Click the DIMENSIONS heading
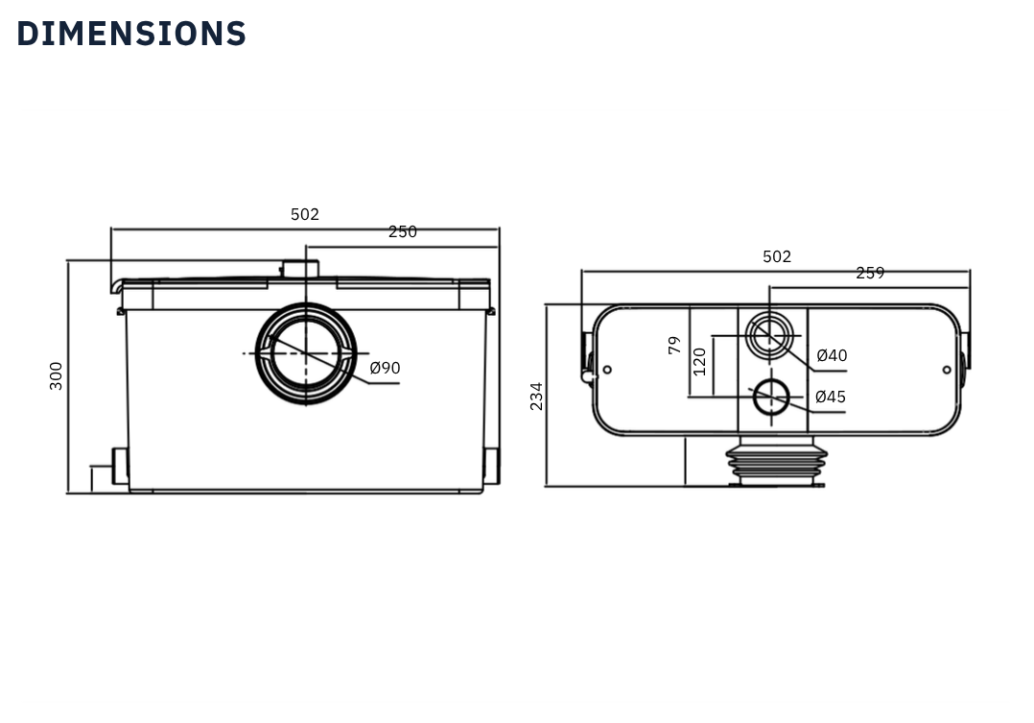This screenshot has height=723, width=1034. click(131, 34)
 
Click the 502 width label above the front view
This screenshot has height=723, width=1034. click(305, 215)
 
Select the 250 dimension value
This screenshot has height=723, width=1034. click(403, 232)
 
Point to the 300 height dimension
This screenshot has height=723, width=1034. click(57, 375)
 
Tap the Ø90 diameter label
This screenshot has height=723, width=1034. click(385, 368)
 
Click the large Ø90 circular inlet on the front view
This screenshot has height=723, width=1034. click(305, 353)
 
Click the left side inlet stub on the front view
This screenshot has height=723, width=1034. click(120, 466)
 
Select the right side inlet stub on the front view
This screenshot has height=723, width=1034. click(491, 466)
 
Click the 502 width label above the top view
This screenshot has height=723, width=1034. click(777, 257)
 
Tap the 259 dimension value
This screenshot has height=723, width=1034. click(870, 274)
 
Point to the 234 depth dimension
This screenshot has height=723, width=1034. click(537, 396)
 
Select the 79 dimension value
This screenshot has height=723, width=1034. click(675, 346)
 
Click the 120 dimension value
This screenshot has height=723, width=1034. click(699, 361)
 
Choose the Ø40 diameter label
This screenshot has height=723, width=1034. click(832, 356)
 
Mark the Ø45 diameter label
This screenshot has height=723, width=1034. click(831, 398)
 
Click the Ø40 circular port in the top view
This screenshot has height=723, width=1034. click(769, 336)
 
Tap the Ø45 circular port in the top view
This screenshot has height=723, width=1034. click(770, 397)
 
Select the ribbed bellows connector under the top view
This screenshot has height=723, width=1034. click(776, 460)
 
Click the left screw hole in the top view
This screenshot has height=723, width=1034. click(607, 370)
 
